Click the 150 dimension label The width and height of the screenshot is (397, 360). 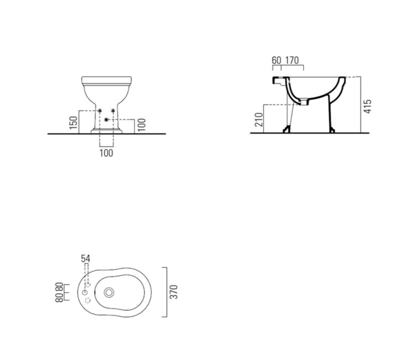[73, 123]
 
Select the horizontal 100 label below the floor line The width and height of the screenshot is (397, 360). [106, 153]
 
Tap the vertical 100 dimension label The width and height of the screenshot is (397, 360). [142, 125]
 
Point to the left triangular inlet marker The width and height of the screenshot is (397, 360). [100, 111]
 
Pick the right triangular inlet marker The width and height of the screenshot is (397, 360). [113, 111]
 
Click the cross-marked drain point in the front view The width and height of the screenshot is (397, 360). [106, 119]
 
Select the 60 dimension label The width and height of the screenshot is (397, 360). [276, 61]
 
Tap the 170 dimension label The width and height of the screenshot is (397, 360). [292, 61]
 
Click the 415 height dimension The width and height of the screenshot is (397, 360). [368, 107]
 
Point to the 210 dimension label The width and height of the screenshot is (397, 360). [259, 120]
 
